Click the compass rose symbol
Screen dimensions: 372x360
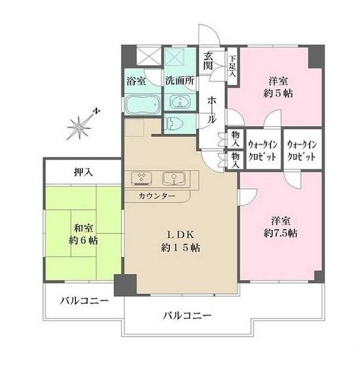coord(79,127)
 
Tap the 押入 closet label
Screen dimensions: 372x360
coord(84,171)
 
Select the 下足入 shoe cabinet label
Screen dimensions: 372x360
coord(232,62)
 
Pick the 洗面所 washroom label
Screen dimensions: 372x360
coord(179,80)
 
